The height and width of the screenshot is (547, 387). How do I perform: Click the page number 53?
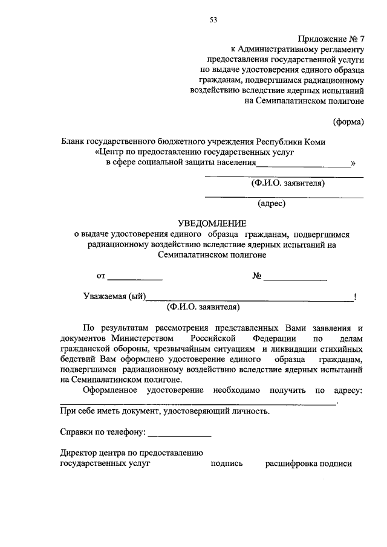pyautogui.click(x=213, y=19)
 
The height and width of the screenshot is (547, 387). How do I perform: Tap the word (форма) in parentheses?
pyautogui.click(x=349, y=123)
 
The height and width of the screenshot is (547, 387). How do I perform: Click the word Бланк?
pyautogui.click(x=73, y=141)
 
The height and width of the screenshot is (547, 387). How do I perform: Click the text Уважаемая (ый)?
pyautogui.click(x=114, y=296)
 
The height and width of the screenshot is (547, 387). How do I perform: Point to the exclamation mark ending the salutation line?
pyautogui.click(x=355, y=296)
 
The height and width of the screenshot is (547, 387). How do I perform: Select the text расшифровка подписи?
pyautogui.click(x=308, y=464)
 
